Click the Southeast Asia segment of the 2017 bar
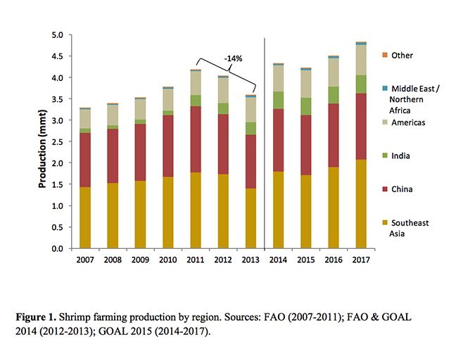[x=360, y=204]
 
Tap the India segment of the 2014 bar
[x=278, y=100]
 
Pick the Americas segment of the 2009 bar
[x=141, y=109]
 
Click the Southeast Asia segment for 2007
[x=86, y=218]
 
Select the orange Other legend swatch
[x=384, y=55]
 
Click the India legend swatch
[x=384, y=155]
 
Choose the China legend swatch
[x=384, y=189]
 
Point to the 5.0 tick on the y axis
[x=57, y=35]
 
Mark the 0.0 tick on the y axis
[x=57, y=249]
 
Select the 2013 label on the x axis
[x=251, y=259]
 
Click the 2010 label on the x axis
[x=168, y=259]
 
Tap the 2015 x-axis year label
[x=305, y=259]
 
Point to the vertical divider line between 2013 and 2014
[x=264, y=141]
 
